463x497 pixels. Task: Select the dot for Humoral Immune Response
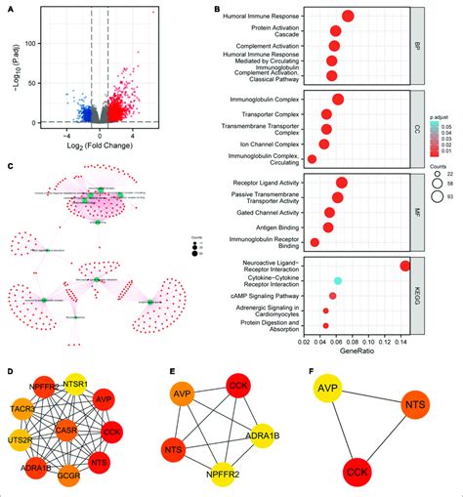coord(348,15)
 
